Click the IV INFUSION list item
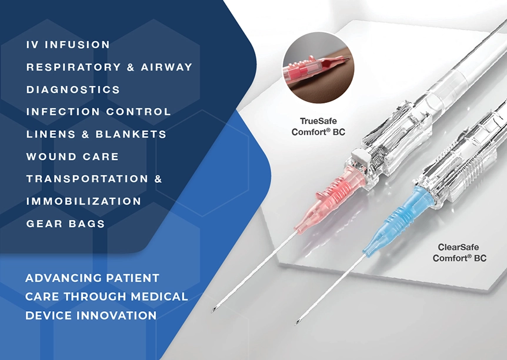click(68, 45)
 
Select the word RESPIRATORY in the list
click(74, 67)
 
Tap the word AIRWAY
click(167, 67)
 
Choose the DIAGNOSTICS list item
click(73, 89)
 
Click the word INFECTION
click(63, 112)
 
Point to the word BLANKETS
click(131, 134)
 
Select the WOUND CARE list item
click(72, 156)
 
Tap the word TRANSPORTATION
click(87, 179)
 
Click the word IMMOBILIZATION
click(84, 201)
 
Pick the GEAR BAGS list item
click(66, 224)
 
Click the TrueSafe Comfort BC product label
click(318, 126)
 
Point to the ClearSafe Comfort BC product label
click(459, 252)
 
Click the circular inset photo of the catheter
click(318, 68)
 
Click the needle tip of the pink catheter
click(212, 311)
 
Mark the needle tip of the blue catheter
click(296, 322)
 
